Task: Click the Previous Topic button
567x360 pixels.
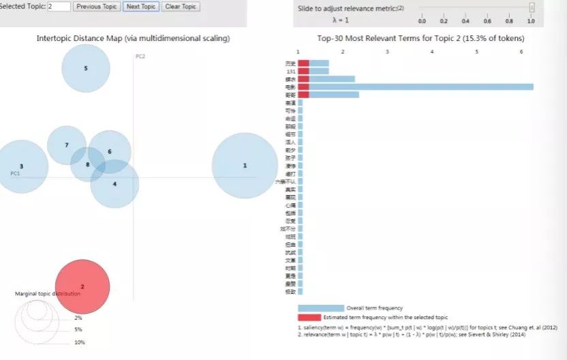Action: click(96, 7)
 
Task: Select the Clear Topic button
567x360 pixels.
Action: click(180, 7)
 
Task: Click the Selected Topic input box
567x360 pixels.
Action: click(59, 7)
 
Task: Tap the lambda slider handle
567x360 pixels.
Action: click(532, 8)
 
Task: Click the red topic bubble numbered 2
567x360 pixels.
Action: click(82, 287)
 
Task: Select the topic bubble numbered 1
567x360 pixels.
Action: click(245, 166)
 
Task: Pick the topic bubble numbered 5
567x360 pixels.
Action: click(86, 68)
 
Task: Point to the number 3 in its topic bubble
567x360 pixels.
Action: click(22, 166)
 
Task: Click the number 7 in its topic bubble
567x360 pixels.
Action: click(66, 145)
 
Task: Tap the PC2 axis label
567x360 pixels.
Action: click(140, 56)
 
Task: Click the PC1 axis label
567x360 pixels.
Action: click(15, 174)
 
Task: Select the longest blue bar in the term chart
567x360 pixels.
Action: click(416, 87)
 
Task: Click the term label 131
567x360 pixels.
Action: click(291, 71)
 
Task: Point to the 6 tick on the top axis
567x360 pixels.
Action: click(521, 52)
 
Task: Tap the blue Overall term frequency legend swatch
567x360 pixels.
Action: click(320, 308)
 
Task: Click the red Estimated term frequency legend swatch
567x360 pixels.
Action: click(309, 318)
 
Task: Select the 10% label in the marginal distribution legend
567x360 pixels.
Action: click(79, 342)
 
